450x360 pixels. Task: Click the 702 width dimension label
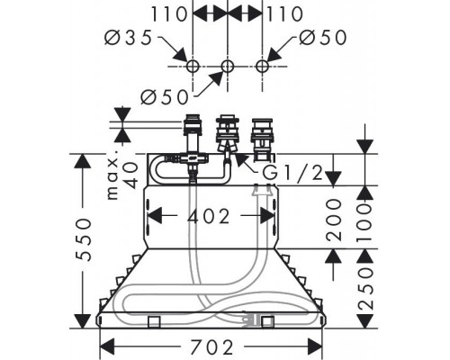pos(211,347)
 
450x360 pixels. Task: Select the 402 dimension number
pos(209,216)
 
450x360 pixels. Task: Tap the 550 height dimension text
pos(83,240)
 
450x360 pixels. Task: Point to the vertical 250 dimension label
pos(365,288)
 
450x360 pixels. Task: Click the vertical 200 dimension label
pos(334,220)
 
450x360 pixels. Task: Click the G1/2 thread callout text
pos(292,173)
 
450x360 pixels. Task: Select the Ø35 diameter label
pos(129,38)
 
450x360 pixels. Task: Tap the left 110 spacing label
pos(168,14)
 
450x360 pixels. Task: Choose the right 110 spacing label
pos(284,14)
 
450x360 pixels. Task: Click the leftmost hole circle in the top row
pos(193,66)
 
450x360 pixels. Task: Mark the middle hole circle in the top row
pos(228,66)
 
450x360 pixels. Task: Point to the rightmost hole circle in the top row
pos(262,66)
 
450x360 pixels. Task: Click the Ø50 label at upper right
pos(323,38)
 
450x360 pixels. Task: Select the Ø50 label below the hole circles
pos(165,97)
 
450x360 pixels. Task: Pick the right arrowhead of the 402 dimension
pos(267,215)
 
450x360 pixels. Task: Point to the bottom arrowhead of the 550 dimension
pos(83,320)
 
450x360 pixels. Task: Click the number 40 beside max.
pos(130,175)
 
